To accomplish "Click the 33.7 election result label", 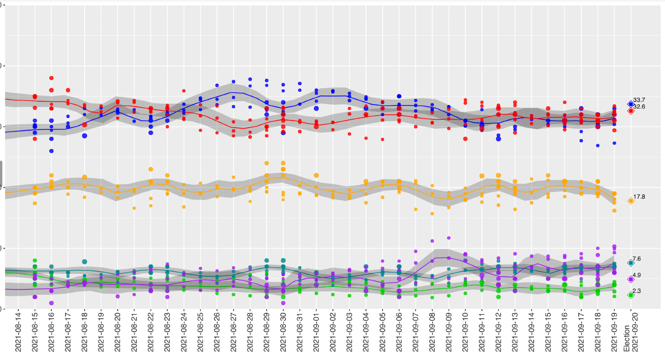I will (639, 100).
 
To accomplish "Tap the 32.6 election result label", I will (639, 107).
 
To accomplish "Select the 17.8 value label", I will (639, 197).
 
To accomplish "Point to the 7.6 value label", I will (636, 259).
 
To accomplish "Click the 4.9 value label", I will (636, 275).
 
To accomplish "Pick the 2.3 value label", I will (636, 291).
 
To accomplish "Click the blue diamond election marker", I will (631, 104).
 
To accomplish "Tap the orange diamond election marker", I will (631, 201).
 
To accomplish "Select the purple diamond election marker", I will (631, 279).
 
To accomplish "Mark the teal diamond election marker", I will (631, 263).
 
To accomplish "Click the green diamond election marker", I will (631, 295).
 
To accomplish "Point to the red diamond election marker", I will (631, 111).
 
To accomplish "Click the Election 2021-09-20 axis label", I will (631, 334).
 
